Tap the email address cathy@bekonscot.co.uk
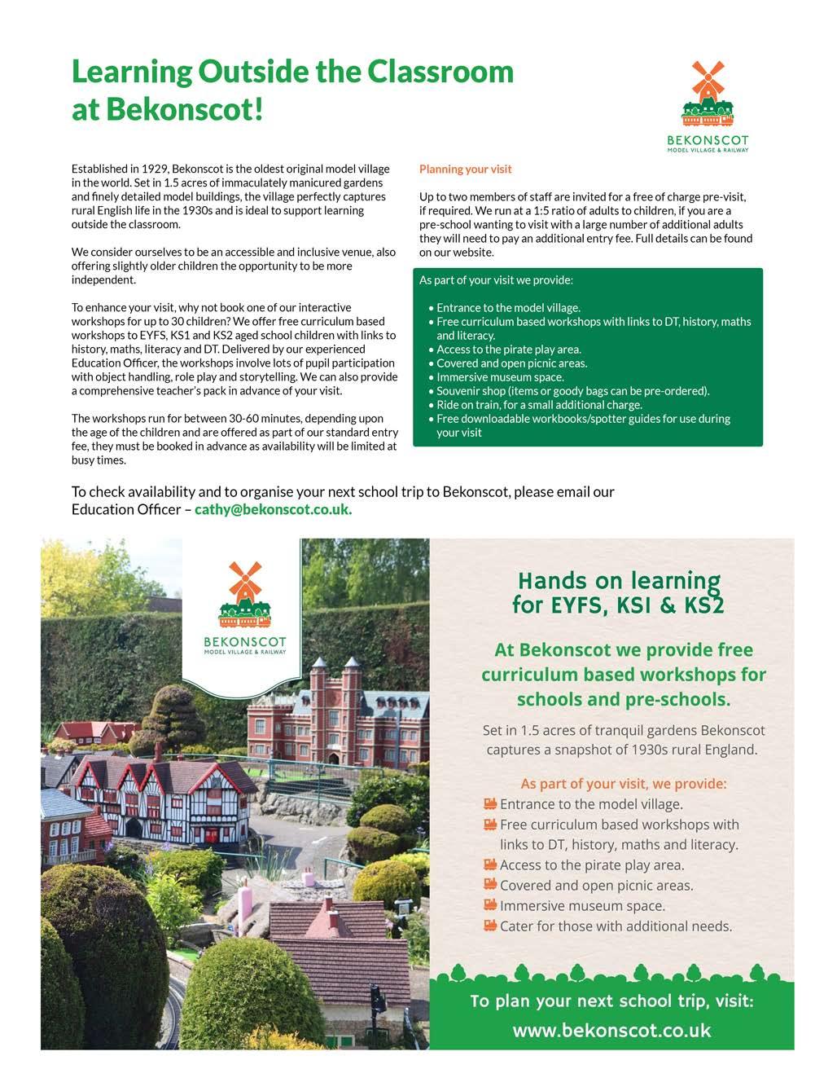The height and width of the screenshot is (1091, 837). [273, 509]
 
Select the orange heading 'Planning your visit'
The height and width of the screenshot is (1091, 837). [465, 169]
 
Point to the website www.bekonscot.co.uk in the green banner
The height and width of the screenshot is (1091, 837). [611, 1030]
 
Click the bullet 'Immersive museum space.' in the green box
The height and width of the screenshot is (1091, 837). [500, 377]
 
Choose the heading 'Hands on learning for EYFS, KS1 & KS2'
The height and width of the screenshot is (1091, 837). [618, 592]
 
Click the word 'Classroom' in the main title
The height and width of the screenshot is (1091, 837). [440, 72]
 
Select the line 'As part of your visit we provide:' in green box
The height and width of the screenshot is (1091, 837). [496, 280]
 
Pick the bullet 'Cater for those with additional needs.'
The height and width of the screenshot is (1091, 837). [616, 926]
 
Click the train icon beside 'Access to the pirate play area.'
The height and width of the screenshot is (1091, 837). [490, 864]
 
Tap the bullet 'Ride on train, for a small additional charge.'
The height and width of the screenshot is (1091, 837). [539, 405]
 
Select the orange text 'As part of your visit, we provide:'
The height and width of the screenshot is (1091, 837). [623, 783]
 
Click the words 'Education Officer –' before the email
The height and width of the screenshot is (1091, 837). [130, 509]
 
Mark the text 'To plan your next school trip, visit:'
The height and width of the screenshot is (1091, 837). [611, 1001]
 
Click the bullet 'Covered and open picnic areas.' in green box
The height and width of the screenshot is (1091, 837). [511, 363]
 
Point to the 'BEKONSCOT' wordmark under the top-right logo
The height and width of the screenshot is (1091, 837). [707, 141]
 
